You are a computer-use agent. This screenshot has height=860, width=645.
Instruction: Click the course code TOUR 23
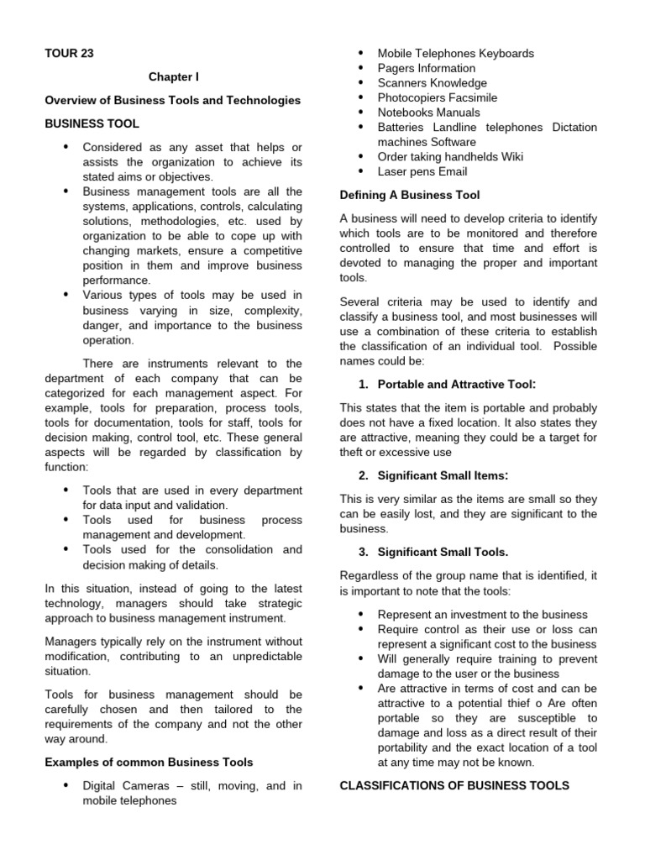click(x=69, y=54)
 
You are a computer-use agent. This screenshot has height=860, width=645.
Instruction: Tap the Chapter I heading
click(x=174, y=77)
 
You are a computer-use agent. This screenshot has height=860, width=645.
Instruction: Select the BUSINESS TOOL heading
click(x=92, y=123)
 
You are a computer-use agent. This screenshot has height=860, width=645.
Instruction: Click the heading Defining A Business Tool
click(x=410, y=195)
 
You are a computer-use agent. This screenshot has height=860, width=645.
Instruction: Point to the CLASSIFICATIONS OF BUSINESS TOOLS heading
click(x=454, y=785)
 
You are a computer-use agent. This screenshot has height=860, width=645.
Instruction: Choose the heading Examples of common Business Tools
click(x=149, y=763)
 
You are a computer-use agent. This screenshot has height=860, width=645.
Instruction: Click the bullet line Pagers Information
click(x=426, y=68)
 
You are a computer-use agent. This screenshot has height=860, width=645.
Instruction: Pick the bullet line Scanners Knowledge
click(x=432, y=83)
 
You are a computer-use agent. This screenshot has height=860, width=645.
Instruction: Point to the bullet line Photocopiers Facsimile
click(x=437, y=97)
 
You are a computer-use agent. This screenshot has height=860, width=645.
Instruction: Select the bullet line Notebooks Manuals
click(x=428, y=113)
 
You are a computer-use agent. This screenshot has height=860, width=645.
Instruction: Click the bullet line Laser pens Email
click(x=422, y=171)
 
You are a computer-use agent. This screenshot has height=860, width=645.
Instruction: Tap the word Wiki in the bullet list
click(x=510, y=156)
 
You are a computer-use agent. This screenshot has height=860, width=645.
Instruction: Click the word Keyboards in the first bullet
click(x=503, y=54)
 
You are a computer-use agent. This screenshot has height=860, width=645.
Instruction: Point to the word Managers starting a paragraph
click(x=70, y=642)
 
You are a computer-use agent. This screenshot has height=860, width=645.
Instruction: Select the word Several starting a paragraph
click(x=360, y=302)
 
